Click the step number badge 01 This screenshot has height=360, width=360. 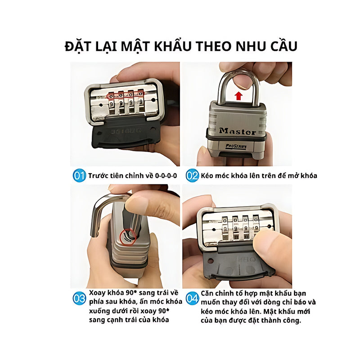click(x=79, y=175)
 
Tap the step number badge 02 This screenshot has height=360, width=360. click(x=192, y=175)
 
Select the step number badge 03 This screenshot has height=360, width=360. click(x=79, y=297)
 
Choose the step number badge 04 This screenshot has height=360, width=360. click(x=192, y=298)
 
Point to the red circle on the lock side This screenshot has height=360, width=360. click(x=128, y=237)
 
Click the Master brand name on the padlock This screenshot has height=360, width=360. click(x=237, y=132)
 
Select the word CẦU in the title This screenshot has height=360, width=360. click(x=280, y=46)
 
